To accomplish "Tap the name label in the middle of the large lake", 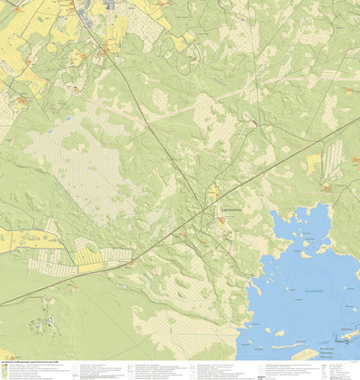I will [x=311, y=293].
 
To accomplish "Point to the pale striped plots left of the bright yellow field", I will [x=49, y=263].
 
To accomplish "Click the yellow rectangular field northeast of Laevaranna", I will [x=314, y=163].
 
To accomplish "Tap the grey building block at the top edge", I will [x=109, y=5].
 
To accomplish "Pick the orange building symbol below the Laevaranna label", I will [x=220, y=219].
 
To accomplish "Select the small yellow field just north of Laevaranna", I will [x=213, y=191].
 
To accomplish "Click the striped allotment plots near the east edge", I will [x=332, y=158].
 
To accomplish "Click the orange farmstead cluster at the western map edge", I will [x=18, y=102].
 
